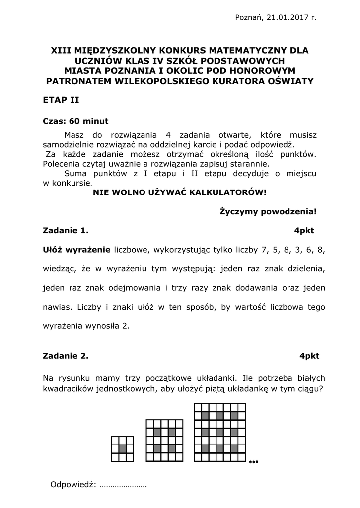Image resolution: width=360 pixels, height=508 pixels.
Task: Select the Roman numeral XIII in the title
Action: [62, 50]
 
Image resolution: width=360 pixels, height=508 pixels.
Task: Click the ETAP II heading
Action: [61, 100]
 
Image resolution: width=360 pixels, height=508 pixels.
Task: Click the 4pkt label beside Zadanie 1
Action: [304, 231]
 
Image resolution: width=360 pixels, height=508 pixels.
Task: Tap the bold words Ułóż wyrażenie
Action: [77, 250]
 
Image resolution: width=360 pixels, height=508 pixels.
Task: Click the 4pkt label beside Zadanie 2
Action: [309, 356]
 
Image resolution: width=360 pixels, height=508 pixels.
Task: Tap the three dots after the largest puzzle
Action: [254, 462]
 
